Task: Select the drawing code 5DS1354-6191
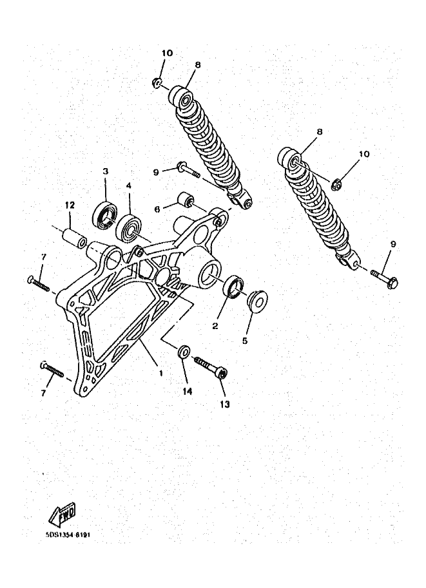[68, 535]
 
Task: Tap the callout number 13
[224, 404]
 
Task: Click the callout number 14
[188, 391]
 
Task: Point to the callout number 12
[70, 205]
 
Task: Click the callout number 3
[106, 171]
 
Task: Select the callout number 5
[245, 341]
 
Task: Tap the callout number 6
[157, 209]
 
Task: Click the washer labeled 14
[184, 352]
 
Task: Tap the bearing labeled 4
[129, 229]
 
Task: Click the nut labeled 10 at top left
[157, 82]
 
